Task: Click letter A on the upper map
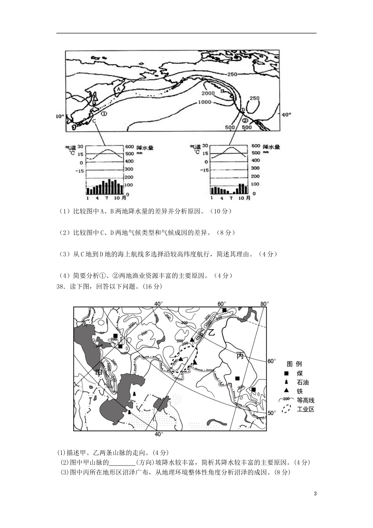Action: (118, 89)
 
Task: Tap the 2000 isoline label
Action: (208, 93)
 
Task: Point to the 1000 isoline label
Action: (205, 102)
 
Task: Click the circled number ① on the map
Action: (104, 113)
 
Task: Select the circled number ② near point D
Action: (245, 120)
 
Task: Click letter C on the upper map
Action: (94, 121)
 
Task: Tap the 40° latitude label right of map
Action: (287, 114)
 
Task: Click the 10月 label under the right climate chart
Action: (245, 198)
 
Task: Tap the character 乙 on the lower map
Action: (211, 332)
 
